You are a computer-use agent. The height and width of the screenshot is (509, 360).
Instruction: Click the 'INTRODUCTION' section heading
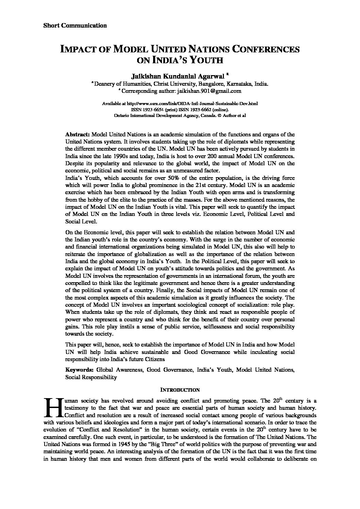pos(180,390)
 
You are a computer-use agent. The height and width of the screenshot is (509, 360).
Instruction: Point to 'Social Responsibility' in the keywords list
pos(91,377)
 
